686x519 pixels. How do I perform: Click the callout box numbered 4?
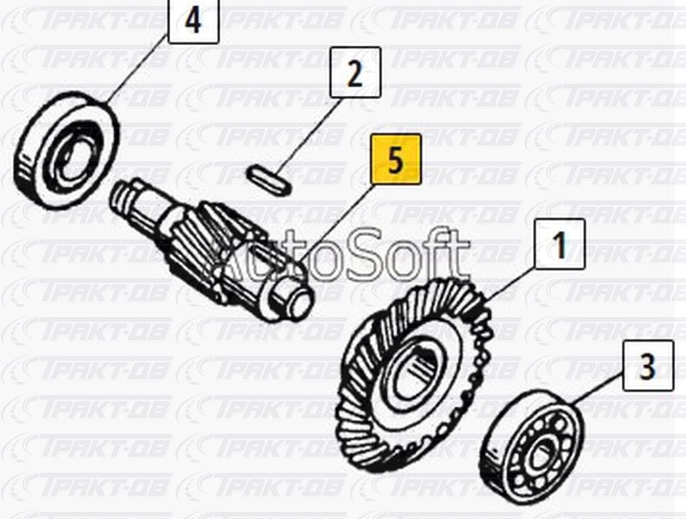pyautogui.click(x=194, y=21)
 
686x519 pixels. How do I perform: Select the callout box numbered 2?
pyautogui.click(x=355, y=73)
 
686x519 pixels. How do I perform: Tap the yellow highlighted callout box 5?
pyautogui.click(x=396, y=159)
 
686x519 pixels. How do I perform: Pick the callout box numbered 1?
pyautogui.click(x=560, y=244)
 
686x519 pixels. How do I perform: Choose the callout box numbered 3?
pyautogui.click(x=648, y=365)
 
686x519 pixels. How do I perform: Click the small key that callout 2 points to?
pyautogui.click(x=269, y=180)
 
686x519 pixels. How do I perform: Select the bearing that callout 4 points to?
pyautogui.click(x=67, y=149)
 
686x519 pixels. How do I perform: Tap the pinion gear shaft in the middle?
pyautogui.click(x=213, y=250)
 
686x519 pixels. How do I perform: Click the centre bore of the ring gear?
pyautogui.click(x=416, y=372)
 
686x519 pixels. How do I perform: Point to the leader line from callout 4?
pyautogui.click(x=137, y=71)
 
